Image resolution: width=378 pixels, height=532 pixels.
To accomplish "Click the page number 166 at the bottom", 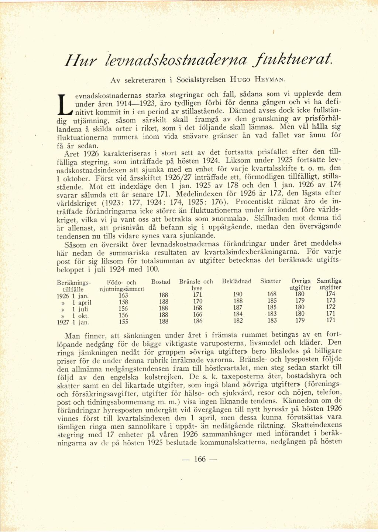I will click(x=199, y=459).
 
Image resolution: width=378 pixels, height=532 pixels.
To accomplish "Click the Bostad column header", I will click(x=161, y=282).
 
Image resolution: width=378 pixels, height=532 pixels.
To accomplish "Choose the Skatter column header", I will click(x=270, y=281).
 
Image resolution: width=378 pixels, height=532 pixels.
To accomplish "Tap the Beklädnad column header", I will click(x=237, y=281).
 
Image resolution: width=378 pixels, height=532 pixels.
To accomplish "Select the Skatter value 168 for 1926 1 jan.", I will click(x=272, y=294).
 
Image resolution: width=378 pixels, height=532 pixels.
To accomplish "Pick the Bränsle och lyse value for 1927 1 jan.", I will click(x=198, y=321).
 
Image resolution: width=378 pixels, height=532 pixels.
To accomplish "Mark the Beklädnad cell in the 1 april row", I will click(x=238, y=301).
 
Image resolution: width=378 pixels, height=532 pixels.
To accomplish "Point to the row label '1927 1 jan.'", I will click(x=73, y=322).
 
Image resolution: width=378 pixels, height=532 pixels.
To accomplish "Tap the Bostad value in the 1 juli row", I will click(x=163, y=308).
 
